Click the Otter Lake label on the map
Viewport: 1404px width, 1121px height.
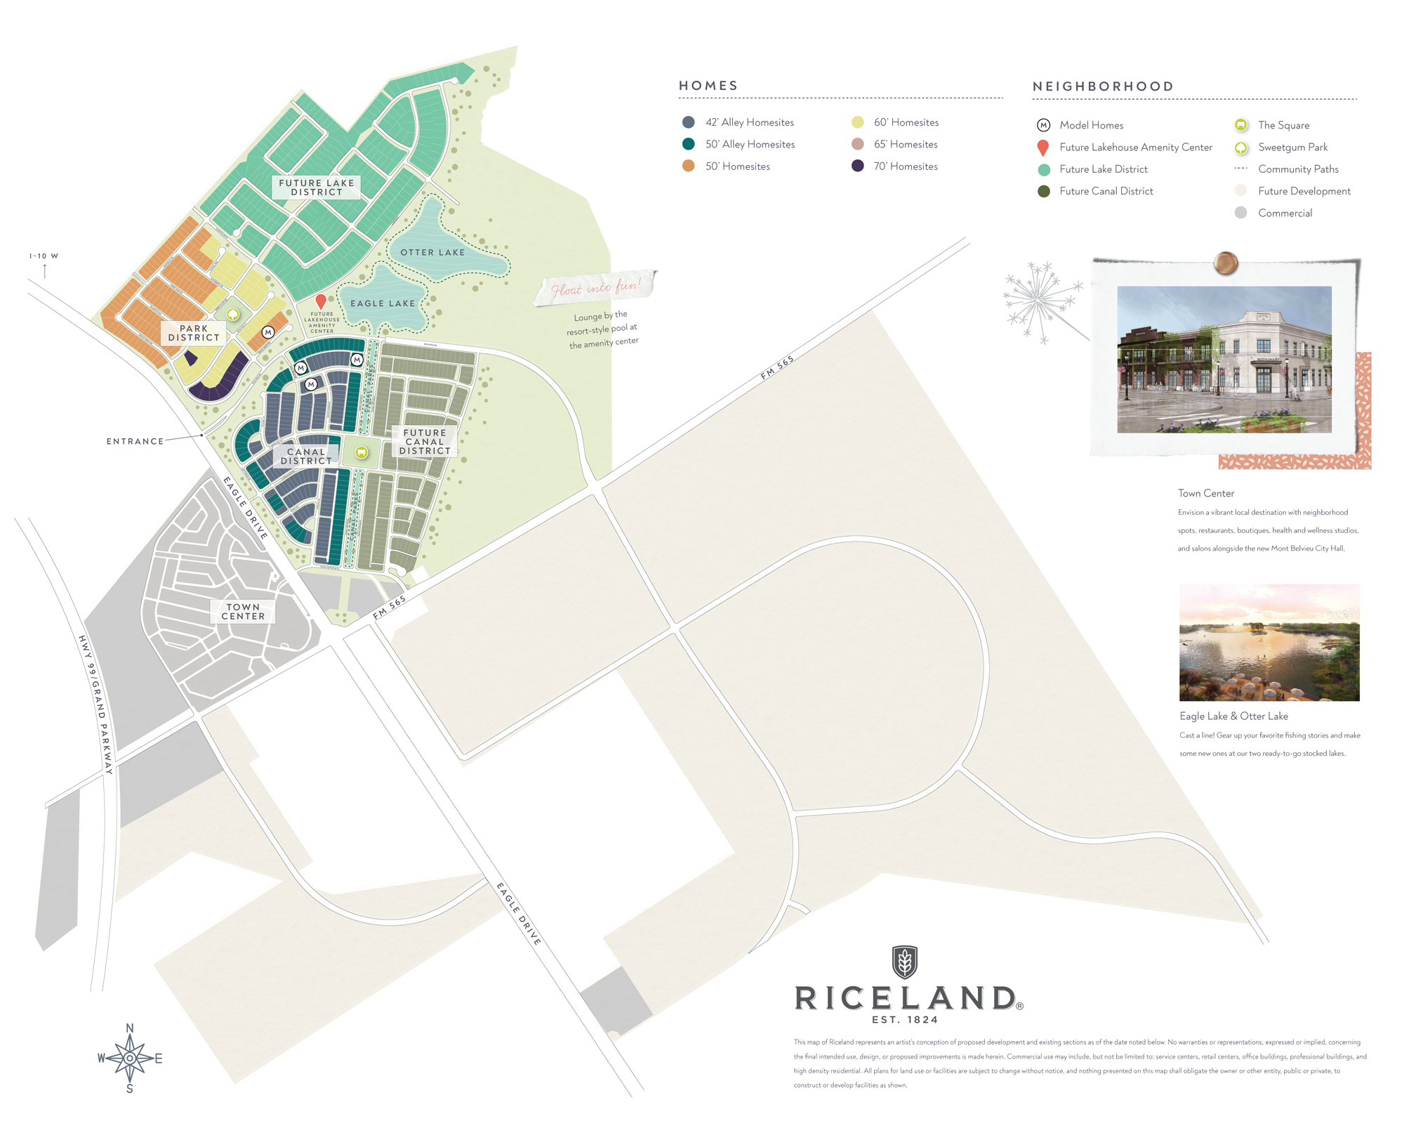pyautogui.click(x=432, y=252)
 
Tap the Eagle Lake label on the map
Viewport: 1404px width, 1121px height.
pyautogui.click(x=383, y=303)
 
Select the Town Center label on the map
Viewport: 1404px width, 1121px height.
pyautogui.click(x=243, y=612)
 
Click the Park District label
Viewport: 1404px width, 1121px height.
pyautogui.click(x=194, y=333)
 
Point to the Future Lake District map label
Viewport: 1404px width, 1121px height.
pyautogui.click(x=317, y=188)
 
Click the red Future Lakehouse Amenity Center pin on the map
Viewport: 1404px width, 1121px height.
pyautogui.click(x=321, y=302)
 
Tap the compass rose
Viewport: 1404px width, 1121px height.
pyautogui.click(x=130, y=1058)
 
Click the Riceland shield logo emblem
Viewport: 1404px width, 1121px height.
pyautogui.click(x=905, y=962)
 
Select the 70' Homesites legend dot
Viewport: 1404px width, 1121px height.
pyautogui.click(x=858, y=166)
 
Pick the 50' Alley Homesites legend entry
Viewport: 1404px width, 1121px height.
pyautogui.click(x=750, y=145)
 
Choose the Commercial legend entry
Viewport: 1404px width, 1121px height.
pyautogui.click(x=1285, y=214)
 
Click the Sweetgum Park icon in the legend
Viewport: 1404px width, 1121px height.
pyautogui.click(x=1241, y=147)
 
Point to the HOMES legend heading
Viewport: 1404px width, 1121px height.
pyautogui.click(x=708, y=86)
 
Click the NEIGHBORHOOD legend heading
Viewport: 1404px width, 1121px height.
pyautogui.click(x=1103, y=86)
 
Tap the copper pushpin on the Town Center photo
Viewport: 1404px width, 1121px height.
pyautogui.click(x=1226, y=263)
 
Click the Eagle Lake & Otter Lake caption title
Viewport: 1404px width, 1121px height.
pyautogui.click(x=1233, y=716)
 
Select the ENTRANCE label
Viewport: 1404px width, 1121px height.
pyautogui.click(x=135, y=442)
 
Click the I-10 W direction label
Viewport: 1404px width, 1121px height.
pyautogui.click(x=44, y=256)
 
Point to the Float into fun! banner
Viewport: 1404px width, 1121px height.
pyautogui.click(x=595, y=287)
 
